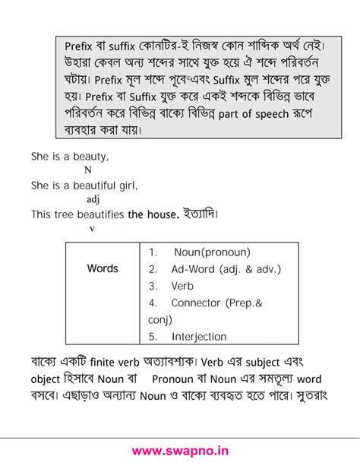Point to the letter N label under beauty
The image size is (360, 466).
click(87, 170)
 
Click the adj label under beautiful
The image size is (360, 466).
click(93, 200)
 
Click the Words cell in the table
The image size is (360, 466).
click(103, 268)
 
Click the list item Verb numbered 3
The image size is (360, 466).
click(182, 286)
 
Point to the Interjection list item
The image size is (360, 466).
click(199, 336)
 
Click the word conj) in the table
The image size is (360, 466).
click(160, 320)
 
